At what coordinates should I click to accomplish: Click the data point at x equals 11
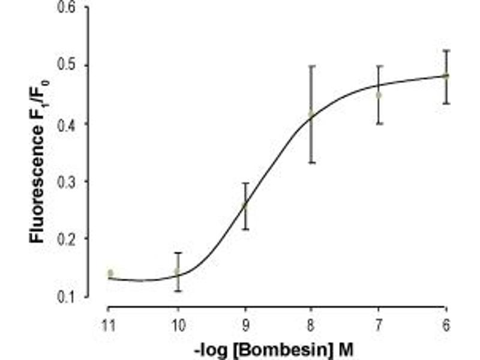pyautogui.click(x=110, y=274)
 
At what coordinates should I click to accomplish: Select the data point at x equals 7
pyautogui.click(x=379, y=95)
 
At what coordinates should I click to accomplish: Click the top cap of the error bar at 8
pyautogui.click(x=312, y=66)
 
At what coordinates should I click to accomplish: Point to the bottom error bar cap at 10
pyautogui.click(x=178, y=290)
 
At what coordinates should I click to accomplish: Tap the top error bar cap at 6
pyautogui.click(x=446, y=50)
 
